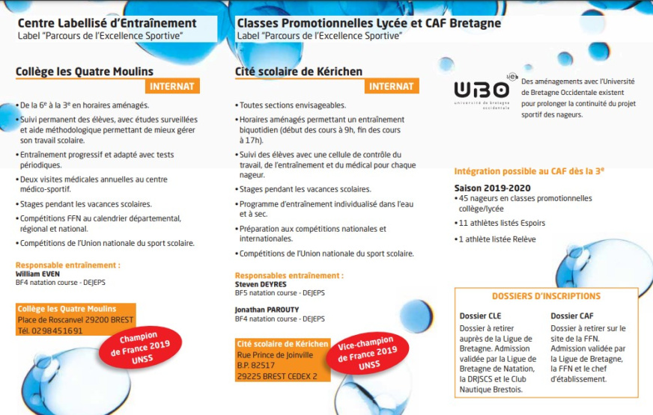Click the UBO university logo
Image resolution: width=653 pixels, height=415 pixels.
pos(483,91)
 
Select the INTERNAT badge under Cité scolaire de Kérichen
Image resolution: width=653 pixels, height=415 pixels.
pos(392,87)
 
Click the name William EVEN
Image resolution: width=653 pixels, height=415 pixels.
pos(37,274)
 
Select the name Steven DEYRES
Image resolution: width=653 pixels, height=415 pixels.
pos(261,284)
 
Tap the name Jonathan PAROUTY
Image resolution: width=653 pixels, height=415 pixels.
pos(267,309)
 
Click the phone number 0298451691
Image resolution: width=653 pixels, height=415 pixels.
pos(50,331)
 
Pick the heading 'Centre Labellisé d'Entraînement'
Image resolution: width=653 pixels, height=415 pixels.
pos(106,23)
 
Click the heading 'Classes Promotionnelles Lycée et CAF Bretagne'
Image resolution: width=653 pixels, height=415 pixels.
pos(368,23)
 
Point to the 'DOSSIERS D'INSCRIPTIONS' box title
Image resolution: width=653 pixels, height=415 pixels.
pos(546,296)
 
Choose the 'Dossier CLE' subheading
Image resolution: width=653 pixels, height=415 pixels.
pos(480,316)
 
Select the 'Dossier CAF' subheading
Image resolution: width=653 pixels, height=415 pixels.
pos(571,316)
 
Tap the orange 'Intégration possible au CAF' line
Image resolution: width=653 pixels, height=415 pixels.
pos(529,170)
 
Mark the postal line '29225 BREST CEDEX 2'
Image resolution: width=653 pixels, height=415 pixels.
pos(276,376)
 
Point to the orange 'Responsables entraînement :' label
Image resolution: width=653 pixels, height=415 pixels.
pos(289,275)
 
